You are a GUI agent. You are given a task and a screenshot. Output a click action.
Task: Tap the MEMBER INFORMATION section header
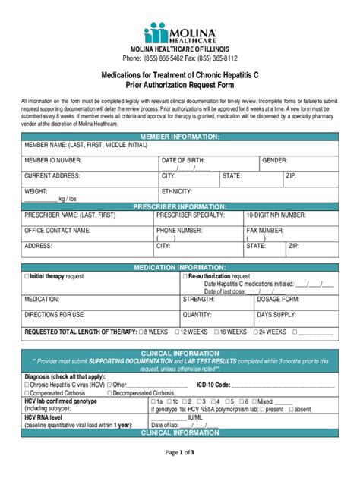pyautogui.click(x=180, y=137)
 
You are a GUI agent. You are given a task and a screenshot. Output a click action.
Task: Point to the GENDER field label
pyautogui.click(x=274, y=161)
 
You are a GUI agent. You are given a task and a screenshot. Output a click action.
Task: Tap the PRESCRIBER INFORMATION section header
pyautogui.click(x=180, y=206)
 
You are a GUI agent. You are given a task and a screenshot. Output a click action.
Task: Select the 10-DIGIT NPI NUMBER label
pyautogui.click(x=276, y=215)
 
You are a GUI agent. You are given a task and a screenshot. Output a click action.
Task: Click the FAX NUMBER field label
pyautogui.click(x=265, y=230)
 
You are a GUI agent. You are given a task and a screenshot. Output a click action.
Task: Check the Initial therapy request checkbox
pyautogui.click(x=27, y=277)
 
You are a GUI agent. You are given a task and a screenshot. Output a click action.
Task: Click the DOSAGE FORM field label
pyautogui.click(x=278, y=300)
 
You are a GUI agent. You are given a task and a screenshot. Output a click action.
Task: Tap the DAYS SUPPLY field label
pyautogui.click(x=276, y=314)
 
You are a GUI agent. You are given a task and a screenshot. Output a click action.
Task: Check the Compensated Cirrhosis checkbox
pyautogui.click(x=27, y=393)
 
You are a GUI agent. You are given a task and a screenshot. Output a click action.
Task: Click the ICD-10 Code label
pyautogui.click(x=213, y=385)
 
